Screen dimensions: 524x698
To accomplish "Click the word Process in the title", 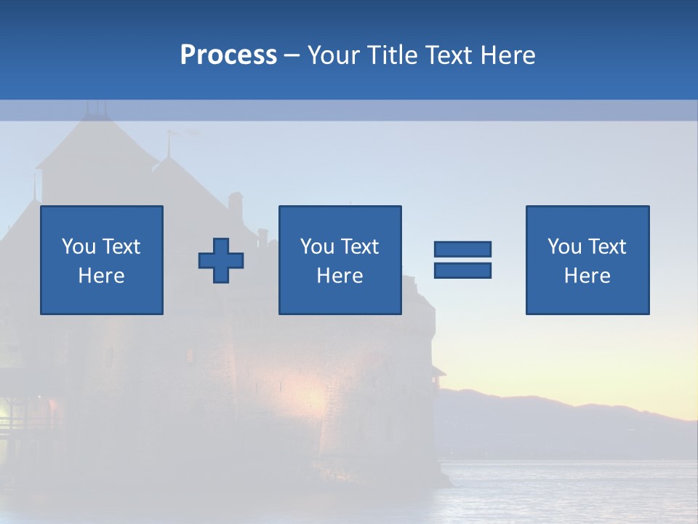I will [x=228, y=55].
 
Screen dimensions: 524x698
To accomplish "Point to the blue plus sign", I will [x=221, y=261].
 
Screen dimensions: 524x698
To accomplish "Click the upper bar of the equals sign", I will [x=462, y=249].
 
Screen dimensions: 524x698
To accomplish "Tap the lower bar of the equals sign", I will [x=462, y=270].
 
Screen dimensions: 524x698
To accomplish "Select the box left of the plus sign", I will [x=102, y=260].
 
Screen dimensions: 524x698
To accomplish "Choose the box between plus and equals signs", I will [x=340, y=260].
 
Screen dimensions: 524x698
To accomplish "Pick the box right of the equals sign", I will [x=587, y=260].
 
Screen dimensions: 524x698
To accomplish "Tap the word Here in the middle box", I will [x=340, y=276].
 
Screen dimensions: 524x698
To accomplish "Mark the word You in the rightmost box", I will [x=564, y=247].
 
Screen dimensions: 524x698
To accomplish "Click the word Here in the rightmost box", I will [x=587, y=276].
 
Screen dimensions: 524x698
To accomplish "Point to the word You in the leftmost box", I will [x=79, y=247].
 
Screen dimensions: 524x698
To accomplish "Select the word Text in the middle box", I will [x=359, y=247].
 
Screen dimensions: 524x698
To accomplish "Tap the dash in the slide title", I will [x=292, y=55].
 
